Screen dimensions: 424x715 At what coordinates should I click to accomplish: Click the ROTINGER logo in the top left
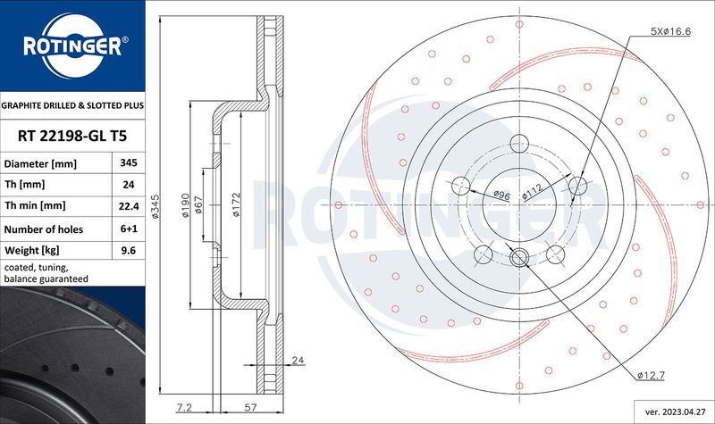[71, 46]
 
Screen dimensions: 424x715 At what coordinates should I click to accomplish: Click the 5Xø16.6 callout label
[672, 32]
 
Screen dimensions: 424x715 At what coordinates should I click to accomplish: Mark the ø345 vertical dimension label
[156, 208]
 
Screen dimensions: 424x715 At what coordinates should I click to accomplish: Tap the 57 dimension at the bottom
[240, 407]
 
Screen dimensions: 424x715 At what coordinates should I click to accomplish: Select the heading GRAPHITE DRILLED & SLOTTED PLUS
[72, 105]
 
